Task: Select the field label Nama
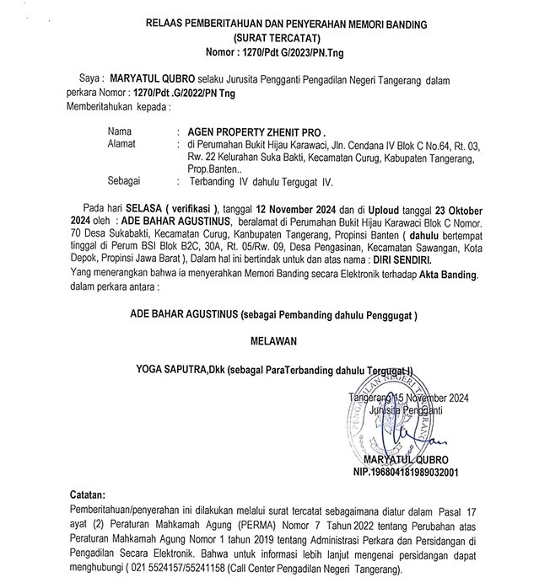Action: click(x=121, y=132)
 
